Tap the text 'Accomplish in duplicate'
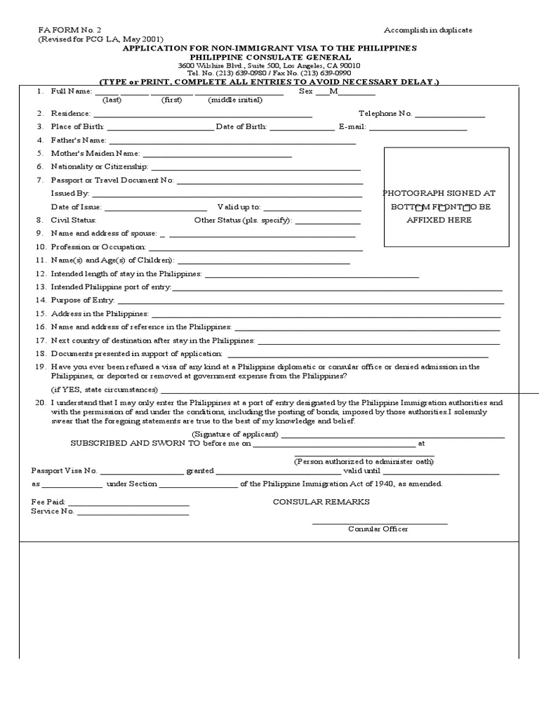pyautogui.click(x=427, y=30)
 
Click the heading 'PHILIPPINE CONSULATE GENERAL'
pyautogui.click(x=269, y=57)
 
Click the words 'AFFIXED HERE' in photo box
pyautogui.click(x=439, y=220)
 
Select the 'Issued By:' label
pyautogui.click(x=69, y=192)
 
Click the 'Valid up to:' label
pyautogui.click(x=239, y=207)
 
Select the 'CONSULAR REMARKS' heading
pyautogui.click(x=321, y=502)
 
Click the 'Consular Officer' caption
pyautogui.click(x=378, y=529)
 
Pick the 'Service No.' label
pyautogui.click(x=53, y=511)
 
